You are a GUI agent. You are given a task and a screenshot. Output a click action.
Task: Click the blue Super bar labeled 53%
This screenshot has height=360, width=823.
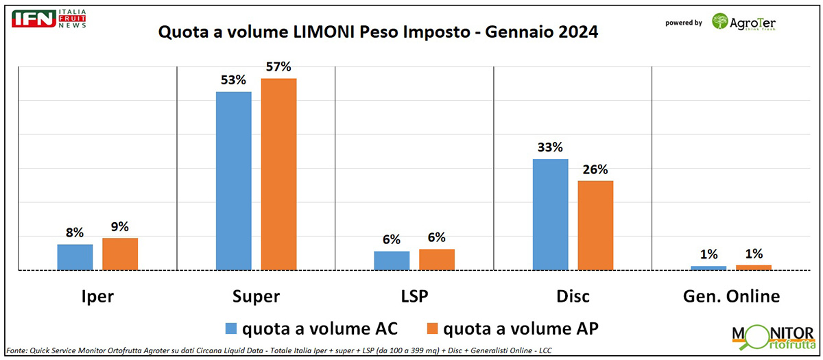(x=233, y=181)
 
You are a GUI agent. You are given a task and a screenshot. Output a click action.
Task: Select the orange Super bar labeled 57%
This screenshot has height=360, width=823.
(x=278, y=174)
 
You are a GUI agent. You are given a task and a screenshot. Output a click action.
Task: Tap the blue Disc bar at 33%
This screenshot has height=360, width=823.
(x=550, y=215)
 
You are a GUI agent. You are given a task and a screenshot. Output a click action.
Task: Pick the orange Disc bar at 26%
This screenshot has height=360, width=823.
(x=595, y=226)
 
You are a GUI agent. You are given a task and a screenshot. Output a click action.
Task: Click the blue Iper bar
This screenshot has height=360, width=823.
(x=75, y=257)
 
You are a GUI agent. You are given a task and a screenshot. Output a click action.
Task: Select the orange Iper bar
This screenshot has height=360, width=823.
(x=120, y=254)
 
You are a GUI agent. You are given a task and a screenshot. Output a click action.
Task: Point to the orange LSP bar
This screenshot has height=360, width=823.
(x=437, y=259)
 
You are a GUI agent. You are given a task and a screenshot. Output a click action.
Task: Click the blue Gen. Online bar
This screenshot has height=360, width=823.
(x=708, y=267)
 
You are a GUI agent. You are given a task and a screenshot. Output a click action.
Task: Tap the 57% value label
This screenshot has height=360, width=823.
(x=278, y=67)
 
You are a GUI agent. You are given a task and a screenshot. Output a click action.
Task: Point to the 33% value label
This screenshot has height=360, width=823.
(x=550, y=147)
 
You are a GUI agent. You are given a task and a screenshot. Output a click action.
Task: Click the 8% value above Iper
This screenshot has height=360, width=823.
(x=75, y=232)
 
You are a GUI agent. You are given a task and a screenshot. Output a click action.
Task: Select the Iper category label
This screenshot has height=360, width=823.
(x=97, y=296)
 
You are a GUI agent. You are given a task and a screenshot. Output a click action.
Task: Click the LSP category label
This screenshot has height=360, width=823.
(x=414, y=296)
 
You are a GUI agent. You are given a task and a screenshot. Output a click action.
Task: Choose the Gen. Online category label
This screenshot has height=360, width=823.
(x=730, y=296)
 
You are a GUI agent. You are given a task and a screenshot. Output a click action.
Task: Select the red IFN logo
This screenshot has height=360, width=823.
(x=34, y=19)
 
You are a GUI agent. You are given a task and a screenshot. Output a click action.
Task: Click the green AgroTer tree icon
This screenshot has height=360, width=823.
(x=720, y=22)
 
